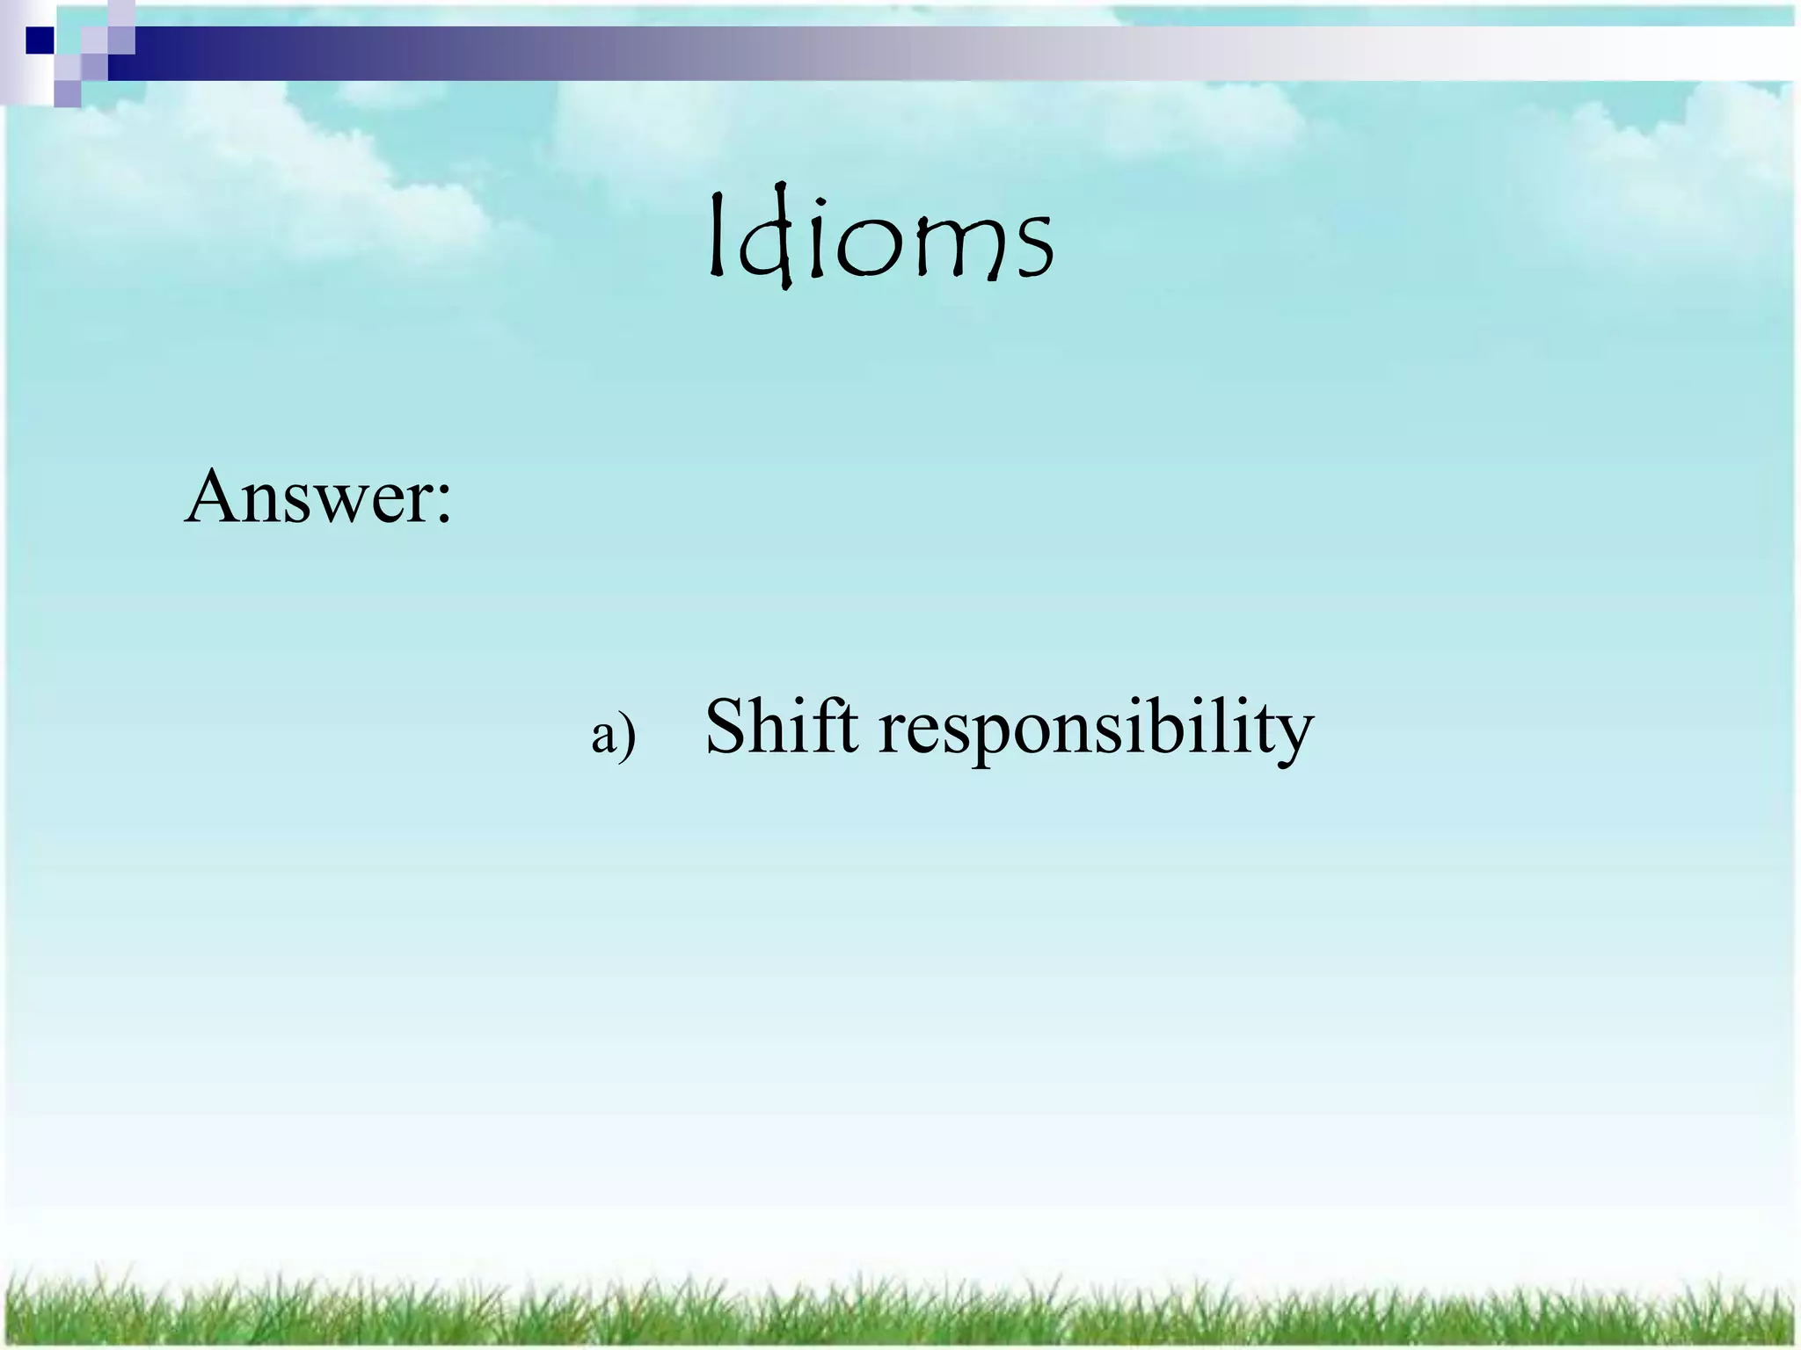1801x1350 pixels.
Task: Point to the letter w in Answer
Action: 337,505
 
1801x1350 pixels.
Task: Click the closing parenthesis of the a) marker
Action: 627,737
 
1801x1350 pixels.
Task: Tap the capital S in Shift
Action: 727,727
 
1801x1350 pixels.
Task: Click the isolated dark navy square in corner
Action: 40,40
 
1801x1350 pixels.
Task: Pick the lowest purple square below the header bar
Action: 67,93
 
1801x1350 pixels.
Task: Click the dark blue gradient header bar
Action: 440,53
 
